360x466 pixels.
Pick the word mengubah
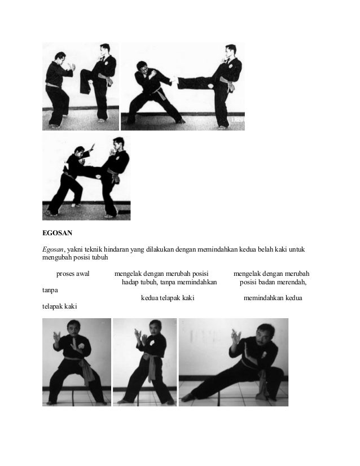click(56, 258)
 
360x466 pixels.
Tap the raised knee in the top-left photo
click(84, 73)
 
